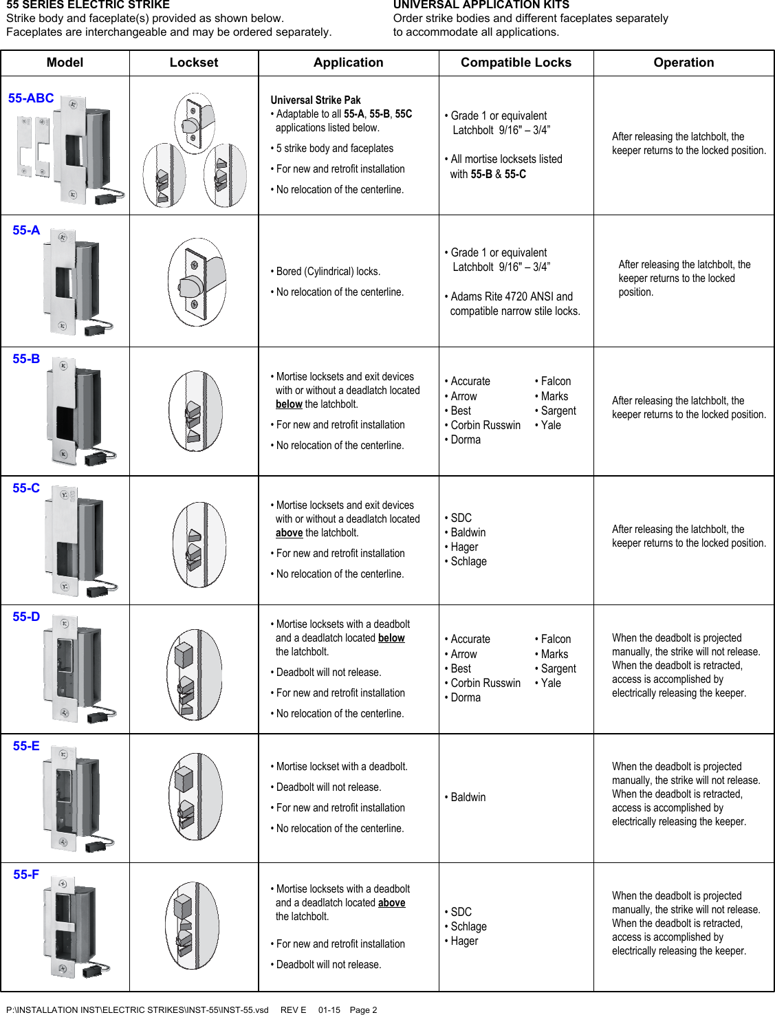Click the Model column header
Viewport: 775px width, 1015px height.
point(65,63)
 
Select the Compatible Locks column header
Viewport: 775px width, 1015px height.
point(516,63)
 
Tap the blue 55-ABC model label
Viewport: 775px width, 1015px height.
point(31,98)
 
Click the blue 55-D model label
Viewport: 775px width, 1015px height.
point(26,617)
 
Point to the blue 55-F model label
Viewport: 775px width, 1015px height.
point(26,875)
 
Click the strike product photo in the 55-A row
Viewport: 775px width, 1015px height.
point(72,282)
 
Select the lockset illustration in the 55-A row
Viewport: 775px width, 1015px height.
point(197,282)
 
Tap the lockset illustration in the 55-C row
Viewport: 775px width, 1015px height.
point(199,544)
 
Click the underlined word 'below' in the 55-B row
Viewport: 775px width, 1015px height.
point(289,404)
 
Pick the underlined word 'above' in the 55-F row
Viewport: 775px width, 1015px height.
point(391,903)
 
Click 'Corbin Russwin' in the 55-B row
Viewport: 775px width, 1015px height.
point(485,425)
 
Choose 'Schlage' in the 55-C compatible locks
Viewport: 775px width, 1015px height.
point(468,561)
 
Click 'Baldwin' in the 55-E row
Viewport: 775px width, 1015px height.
point(468,797)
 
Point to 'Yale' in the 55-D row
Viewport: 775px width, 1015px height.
point(550,683)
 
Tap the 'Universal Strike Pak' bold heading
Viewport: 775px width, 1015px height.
point(316,100)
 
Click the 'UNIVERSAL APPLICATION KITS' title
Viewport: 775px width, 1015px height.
point(481,5)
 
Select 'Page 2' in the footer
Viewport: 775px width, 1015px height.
point(363,1009)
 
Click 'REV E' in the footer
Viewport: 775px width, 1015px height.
point(293,1009)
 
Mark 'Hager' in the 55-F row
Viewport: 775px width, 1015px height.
point(464,941)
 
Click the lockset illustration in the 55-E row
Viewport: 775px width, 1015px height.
point(195,796)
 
